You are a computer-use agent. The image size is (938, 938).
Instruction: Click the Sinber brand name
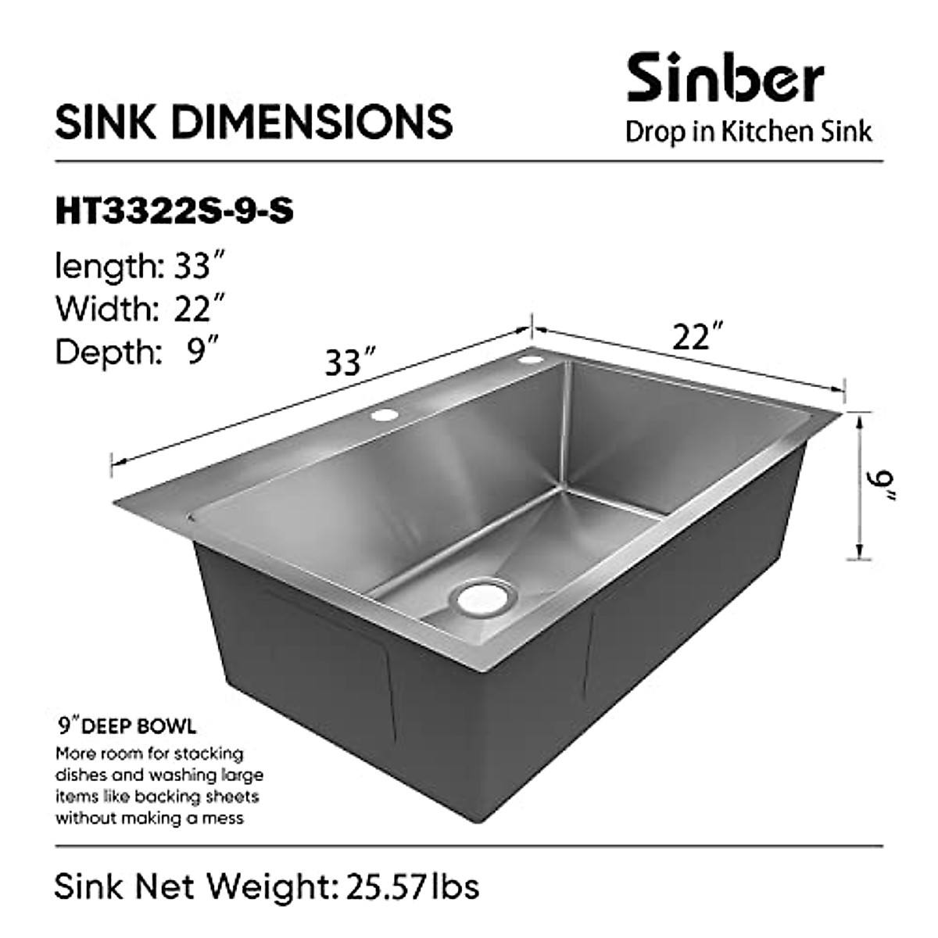725,78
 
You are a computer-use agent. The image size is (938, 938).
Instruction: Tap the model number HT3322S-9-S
174,212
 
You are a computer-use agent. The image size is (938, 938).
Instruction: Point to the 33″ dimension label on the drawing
345,363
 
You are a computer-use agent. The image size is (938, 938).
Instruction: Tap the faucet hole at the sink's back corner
532,360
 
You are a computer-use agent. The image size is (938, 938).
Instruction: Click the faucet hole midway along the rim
384,416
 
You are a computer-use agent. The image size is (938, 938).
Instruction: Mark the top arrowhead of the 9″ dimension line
860,418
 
